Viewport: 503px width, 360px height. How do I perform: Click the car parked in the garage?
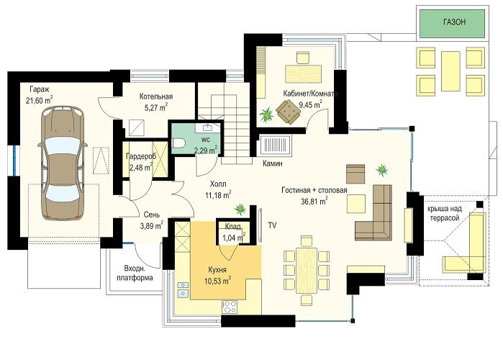[x=63, y=163]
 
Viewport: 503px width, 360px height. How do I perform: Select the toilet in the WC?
[x=178, y=143]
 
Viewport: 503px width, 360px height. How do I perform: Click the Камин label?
[x=272, y=163]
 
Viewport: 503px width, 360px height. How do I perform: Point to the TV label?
[x=272, y=225]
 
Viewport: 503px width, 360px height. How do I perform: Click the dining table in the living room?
[x=307, y=270]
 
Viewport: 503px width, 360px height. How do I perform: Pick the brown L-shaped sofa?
[x=374, y=213]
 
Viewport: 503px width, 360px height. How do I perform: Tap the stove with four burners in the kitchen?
[x=230, y=307]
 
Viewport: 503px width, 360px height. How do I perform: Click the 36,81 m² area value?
[x=314, y=202]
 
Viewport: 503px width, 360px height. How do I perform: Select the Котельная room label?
[x=156, y=96]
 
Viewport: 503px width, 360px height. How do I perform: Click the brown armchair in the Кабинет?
[x=289, y=112]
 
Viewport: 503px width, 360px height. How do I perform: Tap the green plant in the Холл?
[x=240, y=209]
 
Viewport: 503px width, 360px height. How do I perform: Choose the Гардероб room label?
[x=141, y=156]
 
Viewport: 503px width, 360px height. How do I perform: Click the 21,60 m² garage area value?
[x=40, y=100]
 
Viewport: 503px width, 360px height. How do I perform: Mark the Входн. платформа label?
[x=135, y=273]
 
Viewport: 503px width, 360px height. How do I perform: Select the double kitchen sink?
[x=183, y=289]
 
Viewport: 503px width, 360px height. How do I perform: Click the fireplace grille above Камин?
[x=276, y=145]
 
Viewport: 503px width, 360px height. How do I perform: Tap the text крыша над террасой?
[x=444, y=213]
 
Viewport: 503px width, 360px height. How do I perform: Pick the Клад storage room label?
[x=232, y=227]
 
